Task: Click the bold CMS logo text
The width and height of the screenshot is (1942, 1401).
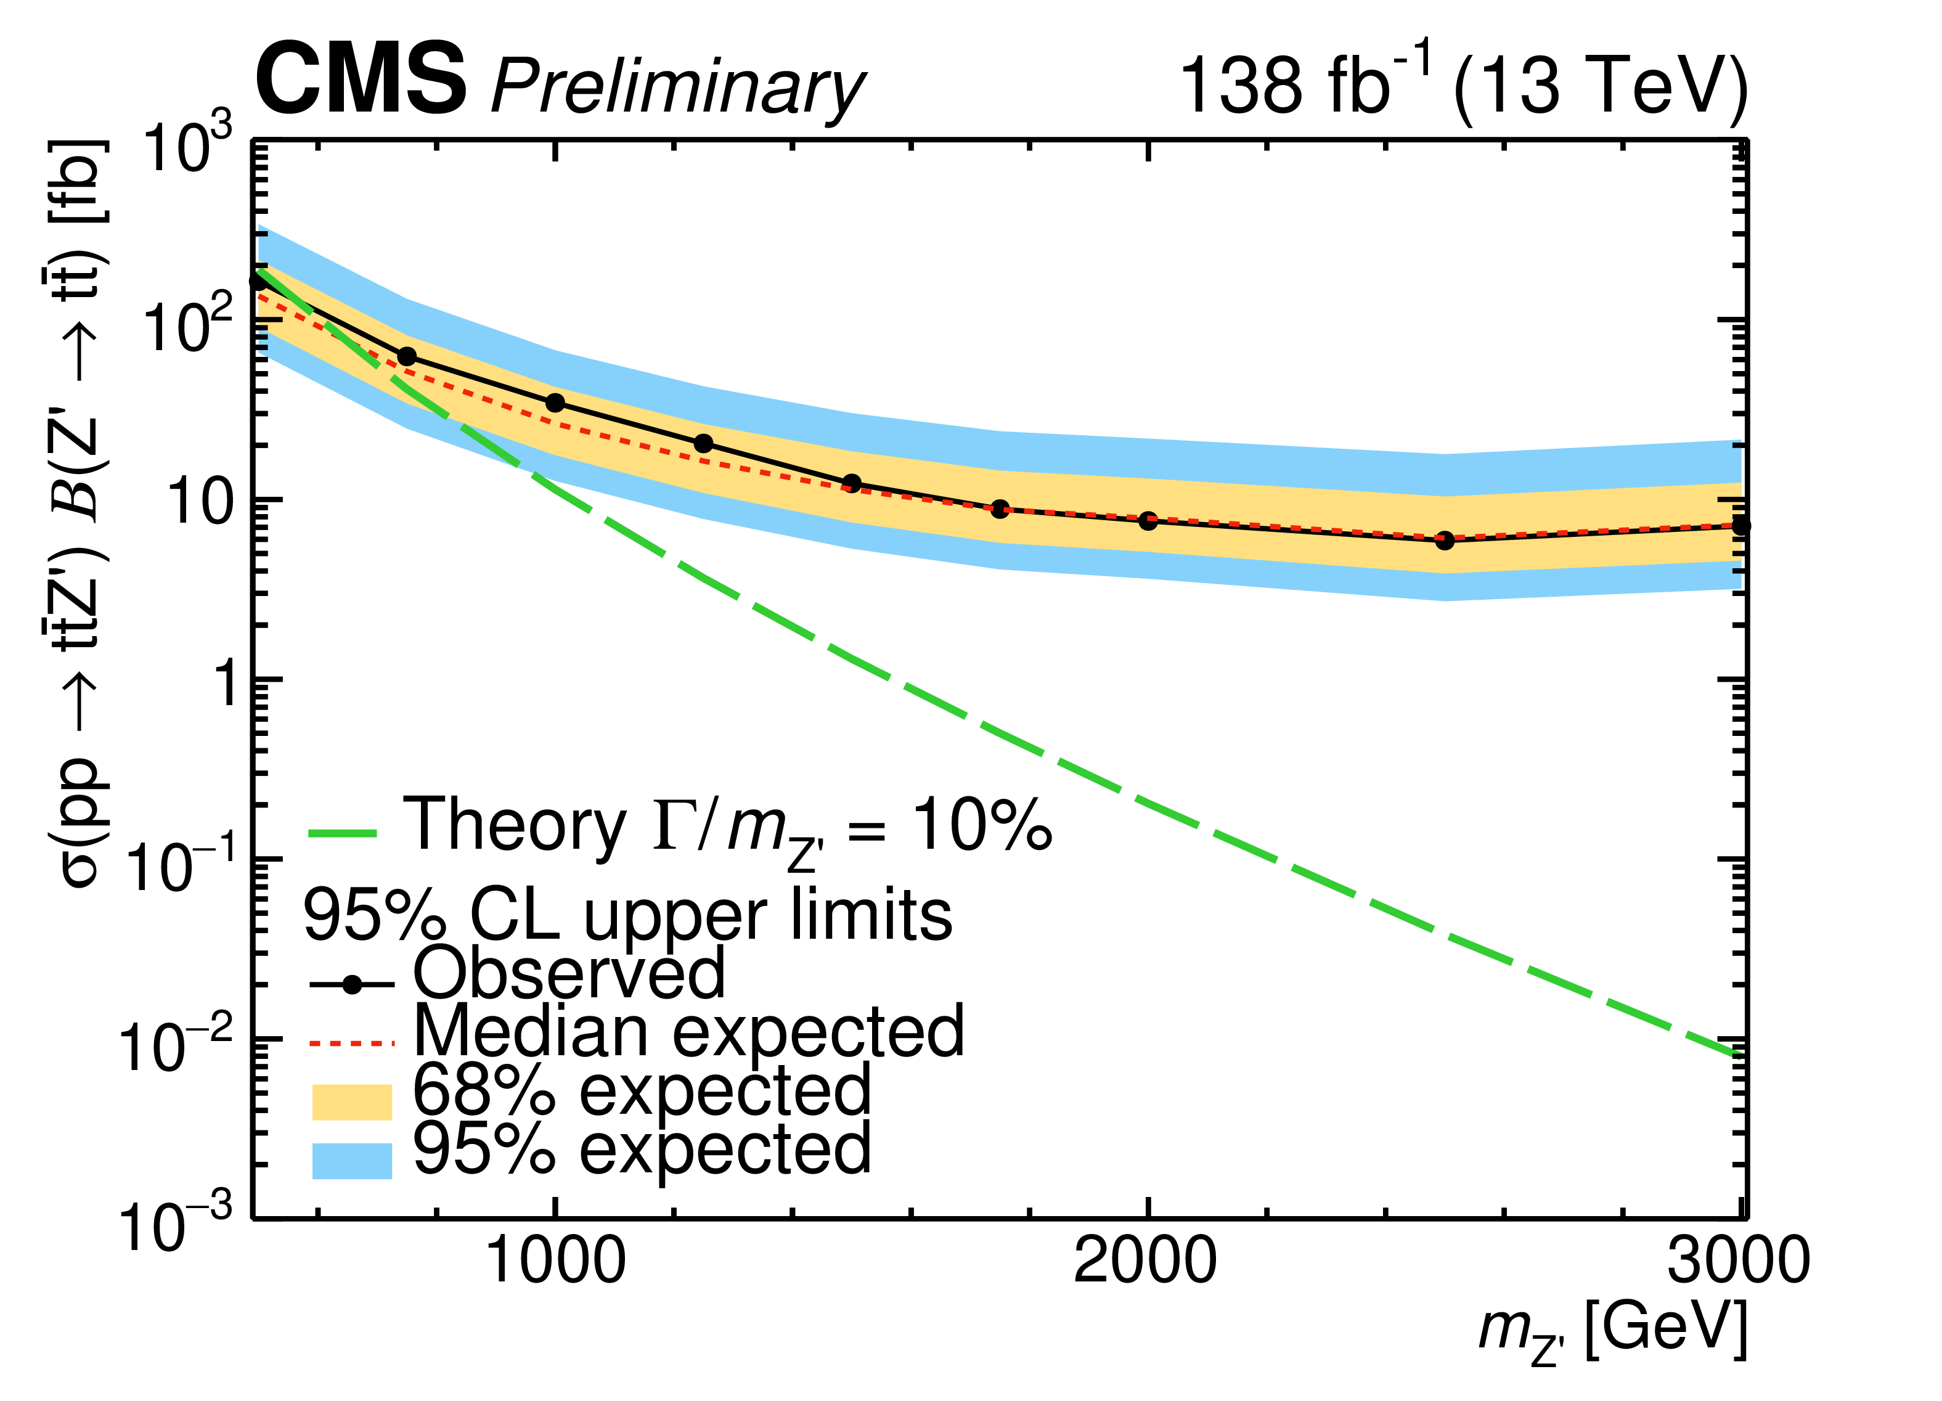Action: click(361, 80)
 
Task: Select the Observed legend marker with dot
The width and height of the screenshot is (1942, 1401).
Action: click(351, 985)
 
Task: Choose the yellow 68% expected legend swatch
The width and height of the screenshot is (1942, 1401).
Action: click(351, 1101)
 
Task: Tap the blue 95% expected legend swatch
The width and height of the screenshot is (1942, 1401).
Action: click(351, 1161)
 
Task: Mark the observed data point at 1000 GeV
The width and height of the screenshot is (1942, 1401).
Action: click(555, 402)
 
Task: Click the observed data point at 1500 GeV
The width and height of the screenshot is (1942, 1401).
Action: click(851, 483)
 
